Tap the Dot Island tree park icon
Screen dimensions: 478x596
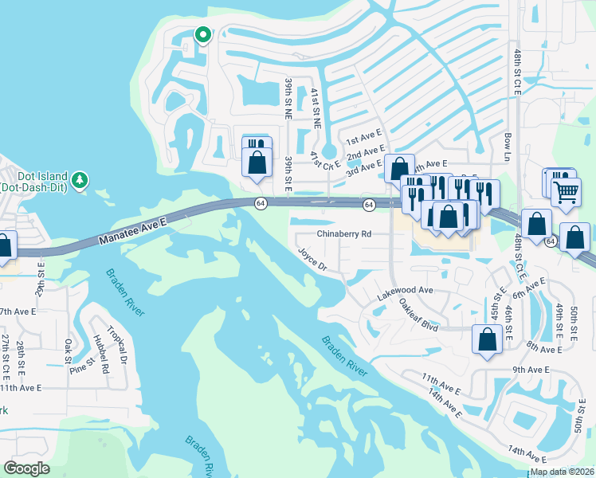[80, 180]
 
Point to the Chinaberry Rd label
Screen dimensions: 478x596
[344, 234]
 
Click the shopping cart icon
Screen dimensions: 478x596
[566, 191]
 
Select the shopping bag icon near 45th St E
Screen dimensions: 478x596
[487, 339]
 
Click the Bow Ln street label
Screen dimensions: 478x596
[507, 147]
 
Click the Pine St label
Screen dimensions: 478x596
[81, 366]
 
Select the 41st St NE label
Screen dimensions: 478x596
[316, 108]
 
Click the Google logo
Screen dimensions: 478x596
[27, 468]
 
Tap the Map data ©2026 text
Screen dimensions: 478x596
[562, 472]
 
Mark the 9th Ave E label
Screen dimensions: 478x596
[531, 370]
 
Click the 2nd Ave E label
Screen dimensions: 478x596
[366, 152]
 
